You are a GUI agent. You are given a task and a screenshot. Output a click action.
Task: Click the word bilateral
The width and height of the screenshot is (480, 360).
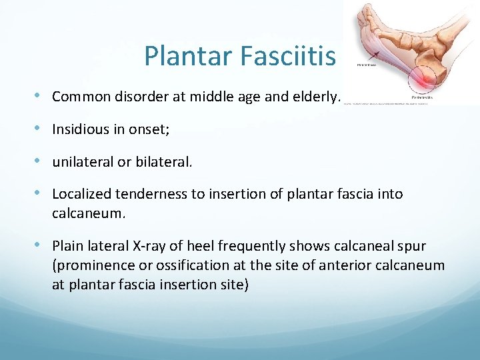pos(164,162)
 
